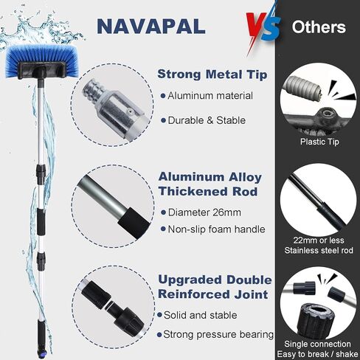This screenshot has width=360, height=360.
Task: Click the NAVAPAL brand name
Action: tap(151, 26)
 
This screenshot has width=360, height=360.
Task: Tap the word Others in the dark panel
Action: tap(319, 27)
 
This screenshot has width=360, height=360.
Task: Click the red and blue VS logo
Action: tap(263, 27)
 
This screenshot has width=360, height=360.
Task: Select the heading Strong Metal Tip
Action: tap(212, 75)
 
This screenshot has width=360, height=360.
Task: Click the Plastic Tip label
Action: tap(319, 142)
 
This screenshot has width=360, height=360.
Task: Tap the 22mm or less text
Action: tap(319, 240)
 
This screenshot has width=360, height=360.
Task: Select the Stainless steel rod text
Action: tap(319, 250)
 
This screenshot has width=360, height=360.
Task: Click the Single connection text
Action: tap(317, 344)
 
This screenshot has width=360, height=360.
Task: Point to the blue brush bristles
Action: tap(42, 60)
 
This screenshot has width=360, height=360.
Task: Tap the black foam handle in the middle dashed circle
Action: tap(134, 223)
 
